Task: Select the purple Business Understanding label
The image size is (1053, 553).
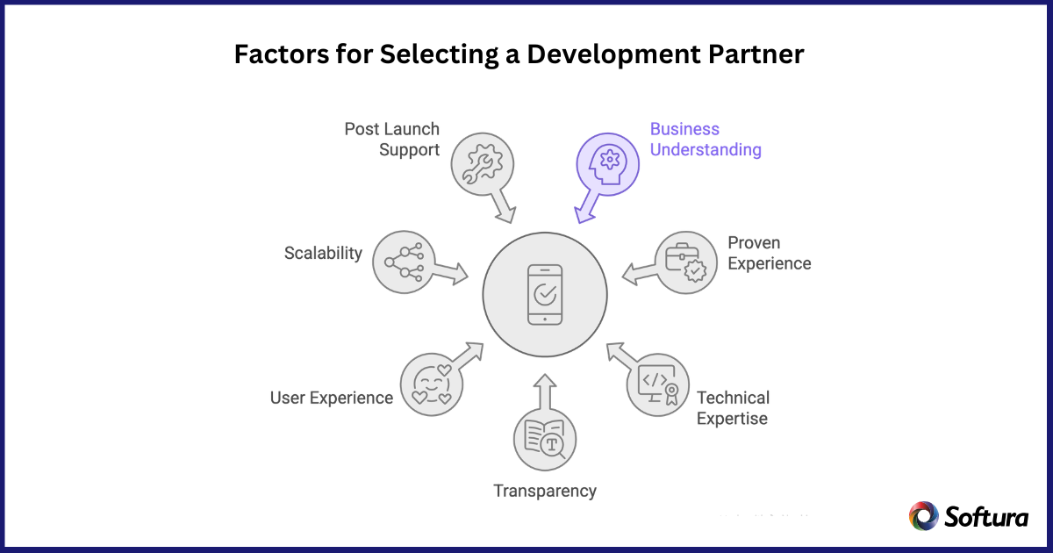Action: pos(705,140)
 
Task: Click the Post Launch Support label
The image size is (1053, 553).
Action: pos(391,140)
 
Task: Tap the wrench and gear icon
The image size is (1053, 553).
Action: pos(482,164)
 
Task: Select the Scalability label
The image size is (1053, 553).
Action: pos(323,253)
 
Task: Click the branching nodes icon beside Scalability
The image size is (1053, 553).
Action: pos(403,262)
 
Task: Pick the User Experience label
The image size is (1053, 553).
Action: pos(331,398)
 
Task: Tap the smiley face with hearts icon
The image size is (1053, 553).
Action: pos(431,384)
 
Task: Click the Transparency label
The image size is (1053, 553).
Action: pos(544,491)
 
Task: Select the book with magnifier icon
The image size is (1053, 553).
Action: pos(545,439)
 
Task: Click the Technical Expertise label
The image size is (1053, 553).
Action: pos(733,408)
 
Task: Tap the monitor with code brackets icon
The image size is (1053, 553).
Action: pos(656,384)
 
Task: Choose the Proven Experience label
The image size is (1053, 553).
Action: pos(769,253)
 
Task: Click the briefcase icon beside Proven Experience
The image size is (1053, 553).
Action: pos(685,262)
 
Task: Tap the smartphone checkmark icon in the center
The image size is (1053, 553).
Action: pos(545,294)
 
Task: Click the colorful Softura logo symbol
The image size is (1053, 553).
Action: pos(924,516)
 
